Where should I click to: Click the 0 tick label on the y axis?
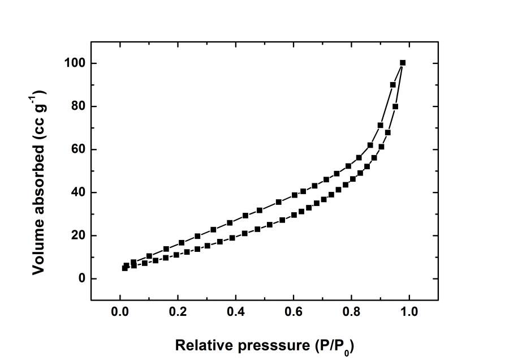(79, 278)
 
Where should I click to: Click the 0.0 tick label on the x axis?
(120, 311)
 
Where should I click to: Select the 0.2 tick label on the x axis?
(178, 311)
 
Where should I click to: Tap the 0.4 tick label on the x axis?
(235, 311)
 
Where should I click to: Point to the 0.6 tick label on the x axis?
(293, 311)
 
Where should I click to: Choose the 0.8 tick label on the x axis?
(351, 311)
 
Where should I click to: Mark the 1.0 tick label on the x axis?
(408, 311)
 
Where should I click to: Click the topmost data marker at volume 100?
(403, 63)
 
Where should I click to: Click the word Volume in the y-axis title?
(38, 246)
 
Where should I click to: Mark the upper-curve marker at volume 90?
(393, 85)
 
